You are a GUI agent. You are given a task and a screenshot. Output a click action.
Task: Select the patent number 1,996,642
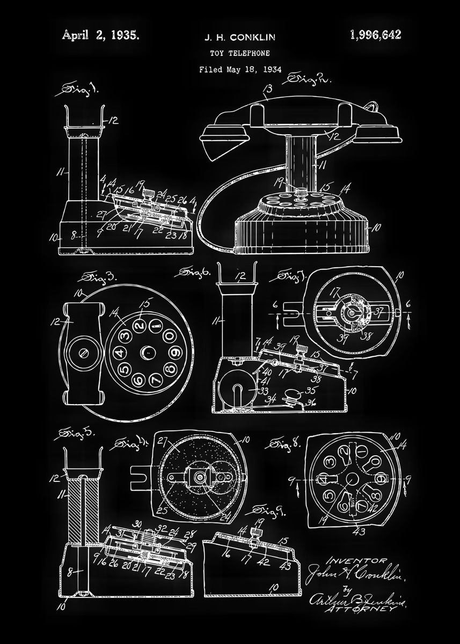tap(375, 35)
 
